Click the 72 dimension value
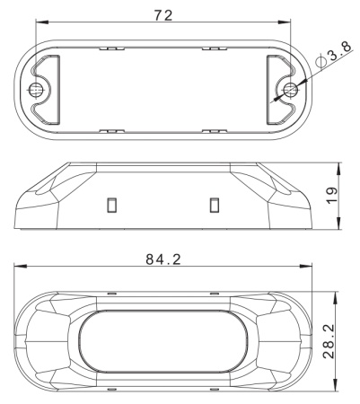tap(163, 15)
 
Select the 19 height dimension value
tap(331, 196)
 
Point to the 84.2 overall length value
tap(163, 259)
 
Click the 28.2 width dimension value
tap(329, 341)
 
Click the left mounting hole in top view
tap(36, 89)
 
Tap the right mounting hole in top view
tap(290, 89)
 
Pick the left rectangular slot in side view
tap(112, 205)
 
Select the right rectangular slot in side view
tap(215, 205)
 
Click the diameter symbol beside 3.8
tap(320, 61)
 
